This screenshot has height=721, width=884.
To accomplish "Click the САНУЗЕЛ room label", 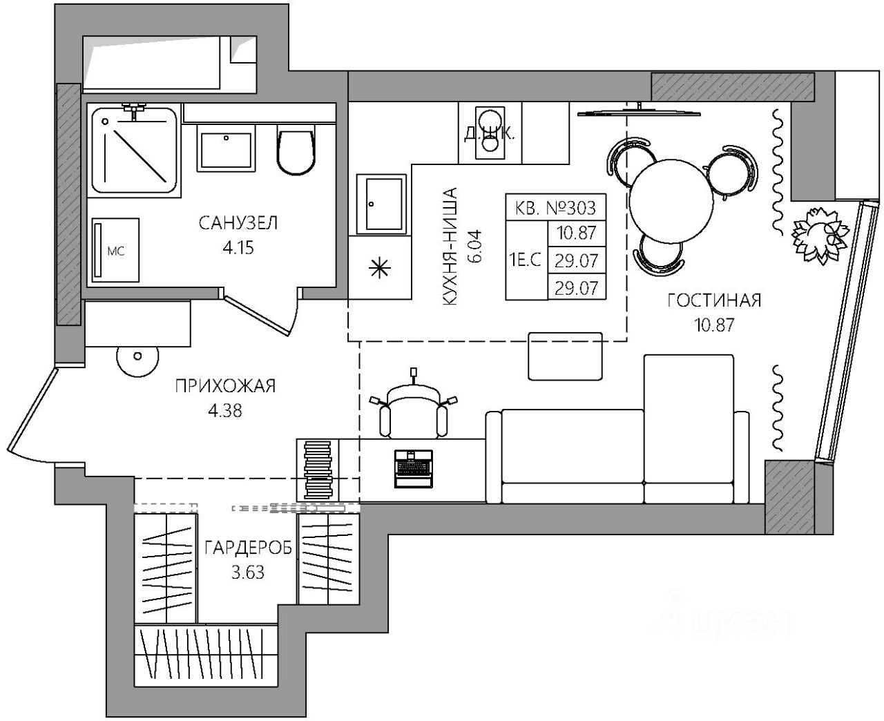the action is coord(238,223).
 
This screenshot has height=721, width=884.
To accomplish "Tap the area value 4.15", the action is coord(238,247).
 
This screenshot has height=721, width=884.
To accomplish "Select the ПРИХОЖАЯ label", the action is coord(225,386).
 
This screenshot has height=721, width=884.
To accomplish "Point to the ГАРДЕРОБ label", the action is coord(248,548).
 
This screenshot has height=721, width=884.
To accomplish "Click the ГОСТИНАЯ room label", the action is coord(714,300).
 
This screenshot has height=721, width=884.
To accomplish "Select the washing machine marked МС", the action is coord(115,251).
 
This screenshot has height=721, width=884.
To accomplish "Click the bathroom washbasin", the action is coord(225,148).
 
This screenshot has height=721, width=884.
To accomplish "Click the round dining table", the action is coord(671,198).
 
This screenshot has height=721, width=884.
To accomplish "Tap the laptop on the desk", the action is coord(413,468).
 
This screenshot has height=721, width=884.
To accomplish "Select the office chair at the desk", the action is coord(413,410).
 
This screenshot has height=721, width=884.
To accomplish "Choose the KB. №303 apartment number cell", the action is coord(556,206).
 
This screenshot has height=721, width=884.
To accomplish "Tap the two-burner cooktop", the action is coord(490,131).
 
